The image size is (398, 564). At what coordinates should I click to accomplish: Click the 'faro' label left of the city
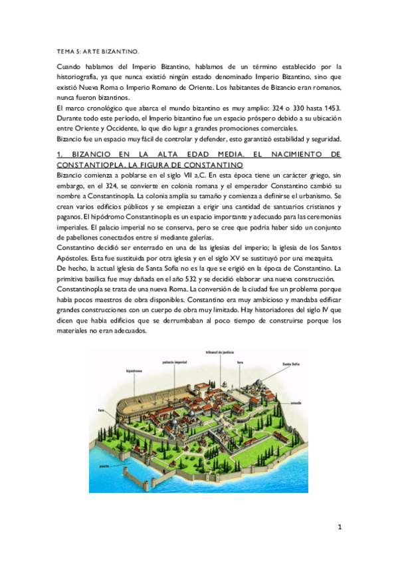point(101,410)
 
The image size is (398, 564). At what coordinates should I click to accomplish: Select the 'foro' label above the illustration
point(260,362)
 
